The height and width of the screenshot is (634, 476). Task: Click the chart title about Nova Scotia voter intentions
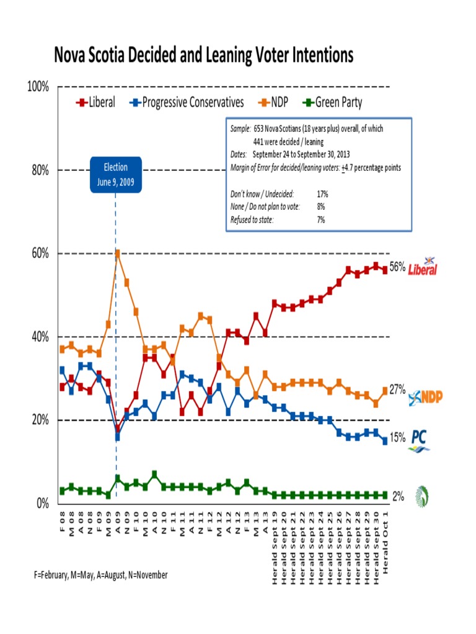(x=204, y=56)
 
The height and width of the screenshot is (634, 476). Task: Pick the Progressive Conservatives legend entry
(x=187, y=102)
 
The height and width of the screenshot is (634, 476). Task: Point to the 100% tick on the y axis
(x=38, y=87)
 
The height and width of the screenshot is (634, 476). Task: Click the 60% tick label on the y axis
(x=40, y=253)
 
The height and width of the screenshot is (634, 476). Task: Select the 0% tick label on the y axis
(x=42, y=503)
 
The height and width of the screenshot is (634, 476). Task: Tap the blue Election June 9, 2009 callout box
(x=116, y=175)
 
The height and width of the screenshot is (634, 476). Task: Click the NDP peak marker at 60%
(x=117, y=253)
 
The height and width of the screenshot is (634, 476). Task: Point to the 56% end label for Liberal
(x=397, y=267)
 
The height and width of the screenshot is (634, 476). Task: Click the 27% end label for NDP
(x=397, y=389)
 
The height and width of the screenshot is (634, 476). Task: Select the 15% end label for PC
(x=397, y=438)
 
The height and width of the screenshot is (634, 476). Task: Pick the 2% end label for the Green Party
(x=398, y=496)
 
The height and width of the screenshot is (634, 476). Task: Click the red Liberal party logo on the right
(x=423, y=267)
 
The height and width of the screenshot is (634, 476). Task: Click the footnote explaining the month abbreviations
(x=101, y=575)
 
